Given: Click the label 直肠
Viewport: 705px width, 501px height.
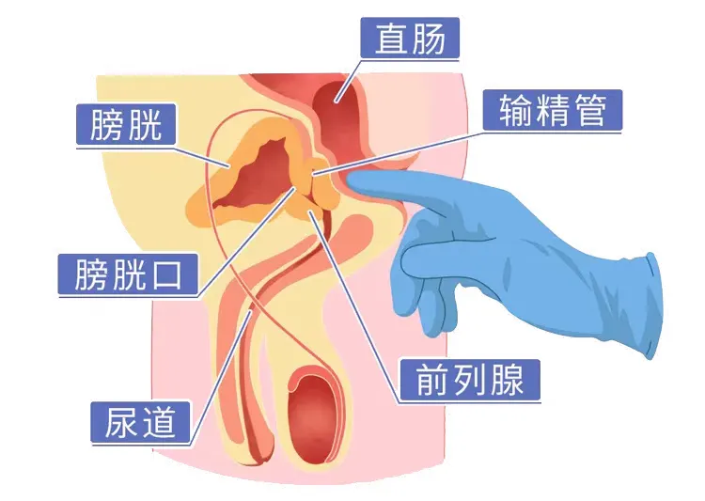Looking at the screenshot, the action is coord(412,39).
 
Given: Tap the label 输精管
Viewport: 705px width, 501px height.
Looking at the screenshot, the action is coord(552,112).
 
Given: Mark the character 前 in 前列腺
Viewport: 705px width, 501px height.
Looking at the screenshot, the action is coord(426,381).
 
